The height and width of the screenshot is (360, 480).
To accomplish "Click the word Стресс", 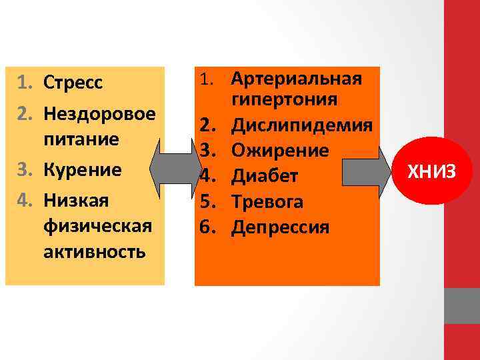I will pyautogui.click(x=73, y=83).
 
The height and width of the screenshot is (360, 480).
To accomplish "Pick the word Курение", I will pyautogui.click(x=83, y=169).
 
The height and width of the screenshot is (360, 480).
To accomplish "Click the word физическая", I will pyautogui.click(x=97, y=227).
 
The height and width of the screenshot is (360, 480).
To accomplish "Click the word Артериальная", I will pyautogui.click(x=297, y=79).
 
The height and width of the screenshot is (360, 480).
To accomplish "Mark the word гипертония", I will pyautogui.click(x=285, y=100).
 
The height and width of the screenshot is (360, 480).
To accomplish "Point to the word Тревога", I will pyautogui.click(x=267, y=202).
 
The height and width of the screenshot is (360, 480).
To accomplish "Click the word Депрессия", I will pyautogui.click(x=281, y=227).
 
